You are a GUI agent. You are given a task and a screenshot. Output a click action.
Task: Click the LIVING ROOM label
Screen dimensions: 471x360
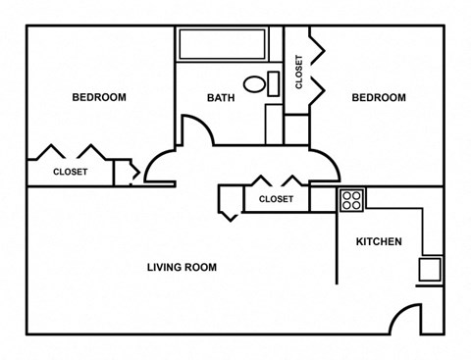[x=182, y=267]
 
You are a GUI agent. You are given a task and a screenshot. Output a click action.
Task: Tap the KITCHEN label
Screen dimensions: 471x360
[x=379, y=241]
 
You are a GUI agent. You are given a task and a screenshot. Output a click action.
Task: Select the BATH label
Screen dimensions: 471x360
[x=221, y=98]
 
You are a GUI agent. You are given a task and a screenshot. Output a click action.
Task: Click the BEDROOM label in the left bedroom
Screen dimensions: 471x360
[x=99, y=97]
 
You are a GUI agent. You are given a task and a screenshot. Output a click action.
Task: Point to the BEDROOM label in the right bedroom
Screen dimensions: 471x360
[x=379, y=97]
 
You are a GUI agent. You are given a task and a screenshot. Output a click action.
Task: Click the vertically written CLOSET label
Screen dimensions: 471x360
[x=299, y=72]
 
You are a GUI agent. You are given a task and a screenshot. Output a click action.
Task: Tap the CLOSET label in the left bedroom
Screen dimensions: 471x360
[x=71, y=172]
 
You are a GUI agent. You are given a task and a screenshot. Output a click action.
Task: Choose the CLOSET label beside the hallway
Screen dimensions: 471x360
[x=276, y=199]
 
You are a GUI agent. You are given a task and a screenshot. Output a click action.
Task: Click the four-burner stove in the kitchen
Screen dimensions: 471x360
[x=351, y=200]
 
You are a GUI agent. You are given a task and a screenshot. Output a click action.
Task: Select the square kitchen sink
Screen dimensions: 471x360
[x=430, y=269]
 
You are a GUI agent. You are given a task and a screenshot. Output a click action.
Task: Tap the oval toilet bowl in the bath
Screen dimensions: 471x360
[x=254, y=84]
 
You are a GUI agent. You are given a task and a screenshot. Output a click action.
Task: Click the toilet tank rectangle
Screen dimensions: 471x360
[x=274, y=84]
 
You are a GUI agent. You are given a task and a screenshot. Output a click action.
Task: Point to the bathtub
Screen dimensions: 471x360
[x=222, y=44]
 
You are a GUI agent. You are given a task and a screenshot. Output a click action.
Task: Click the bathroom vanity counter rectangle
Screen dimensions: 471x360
[x=274, y=125]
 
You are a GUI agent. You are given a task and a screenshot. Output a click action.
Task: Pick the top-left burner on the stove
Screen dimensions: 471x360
[x=346, y=196]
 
